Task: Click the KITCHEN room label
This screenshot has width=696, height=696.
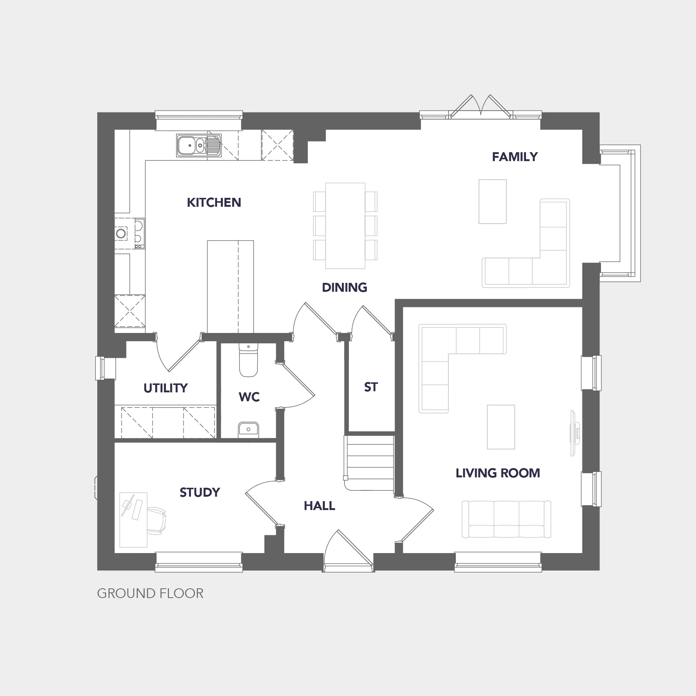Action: tap(214, 203)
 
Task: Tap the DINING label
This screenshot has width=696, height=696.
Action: tap(344, 288)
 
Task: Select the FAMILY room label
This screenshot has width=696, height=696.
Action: tap(515, 157)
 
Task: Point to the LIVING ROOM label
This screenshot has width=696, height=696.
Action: tap(498, 473)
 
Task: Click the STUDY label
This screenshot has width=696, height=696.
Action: tap(200, 493)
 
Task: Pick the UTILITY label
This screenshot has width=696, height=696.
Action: tap(166, 388)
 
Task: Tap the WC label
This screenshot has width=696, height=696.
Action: tap(249, 397)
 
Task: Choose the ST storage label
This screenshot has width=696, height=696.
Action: tap(371, 387)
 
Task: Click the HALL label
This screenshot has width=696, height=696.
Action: tap(319, 506)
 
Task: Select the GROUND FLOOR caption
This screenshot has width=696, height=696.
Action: tap(150, 594)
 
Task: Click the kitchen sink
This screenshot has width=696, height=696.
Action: tap(199, 145)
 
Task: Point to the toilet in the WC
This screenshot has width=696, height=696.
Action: tap(248, 360)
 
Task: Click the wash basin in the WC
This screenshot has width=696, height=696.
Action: tap(248, 429)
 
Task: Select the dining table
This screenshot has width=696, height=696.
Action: tap(345, 226)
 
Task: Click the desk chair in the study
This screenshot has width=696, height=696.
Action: tap(157, 521)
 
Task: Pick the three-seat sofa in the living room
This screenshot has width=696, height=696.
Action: tap(506, 519)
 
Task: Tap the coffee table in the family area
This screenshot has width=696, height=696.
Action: tap(493, 202)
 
